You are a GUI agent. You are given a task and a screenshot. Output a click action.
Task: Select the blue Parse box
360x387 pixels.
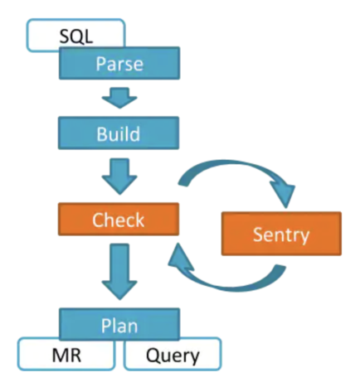118,64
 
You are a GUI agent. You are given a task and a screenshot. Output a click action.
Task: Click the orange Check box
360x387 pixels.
118,220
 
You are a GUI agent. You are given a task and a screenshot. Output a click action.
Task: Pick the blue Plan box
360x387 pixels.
118,323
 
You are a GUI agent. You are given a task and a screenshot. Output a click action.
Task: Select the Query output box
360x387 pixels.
173,356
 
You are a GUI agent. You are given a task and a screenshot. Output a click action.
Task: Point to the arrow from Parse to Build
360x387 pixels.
119,98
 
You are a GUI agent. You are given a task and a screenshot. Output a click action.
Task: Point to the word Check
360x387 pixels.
118,220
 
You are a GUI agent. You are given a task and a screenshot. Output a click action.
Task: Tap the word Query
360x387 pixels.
173,356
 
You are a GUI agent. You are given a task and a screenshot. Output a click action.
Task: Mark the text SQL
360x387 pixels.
76,36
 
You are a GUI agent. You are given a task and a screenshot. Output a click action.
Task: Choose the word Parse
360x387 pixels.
118,64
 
